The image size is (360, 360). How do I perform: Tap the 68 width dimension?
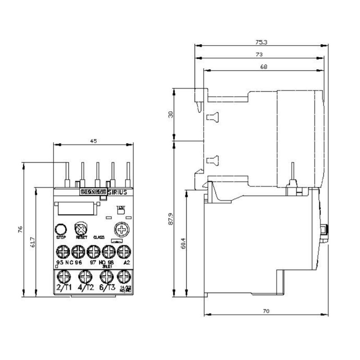point(264,67)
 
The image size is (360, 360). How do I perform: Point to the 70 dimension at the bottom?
point(265,311)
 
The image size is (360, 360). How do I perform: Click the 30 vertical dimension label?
point(170,114)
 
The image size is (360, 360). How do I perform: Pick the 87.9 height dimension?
point(170,219)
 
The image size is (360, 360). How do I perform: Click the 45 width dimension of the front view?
point(94,141)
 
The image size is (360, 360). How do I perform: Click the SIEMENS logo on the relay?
point(93,192)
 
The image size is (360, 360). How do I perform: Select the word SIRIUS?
point(119,192)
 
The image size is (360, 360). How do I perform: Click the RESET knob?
point(81,227)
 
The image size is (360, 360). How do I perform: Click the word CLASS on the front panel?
point(99,237)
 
